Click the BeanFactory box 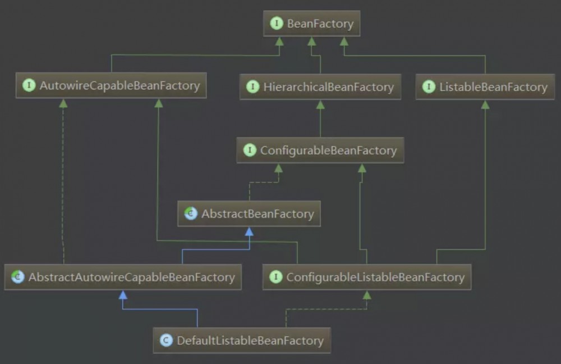pos(311,23)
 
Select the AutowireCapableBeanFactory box pos(111,85)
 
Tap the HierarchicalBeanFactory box pos(320,87)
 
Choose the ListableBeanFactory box pos(485,87)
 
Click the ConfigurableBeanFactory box pos(320,150)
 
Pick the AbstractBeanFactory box pos(249,213)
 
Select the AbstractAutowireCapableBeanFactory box pos(123,277)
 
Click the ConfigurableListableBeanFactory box pos(367,277)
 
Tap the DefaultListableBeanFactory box pos(242,340)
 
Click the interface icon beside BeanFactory pos(277,23)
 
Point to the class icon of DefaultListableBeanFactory pos(167,340)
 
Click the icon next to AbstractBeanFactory pos(191,213)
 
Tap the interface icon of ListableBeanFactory pos(429,87)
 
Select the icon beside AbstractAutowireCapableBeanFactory pos(17,277)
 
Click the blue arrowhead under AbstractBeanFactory pos(249,231)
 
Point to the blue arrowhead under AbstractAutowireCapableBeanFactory pos(123,295)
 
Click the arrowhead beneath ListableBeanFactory pos(485,104)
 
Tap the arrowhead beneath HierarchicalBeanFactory pos(320,104)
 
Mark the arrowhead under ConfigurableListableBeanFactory pos(367,295)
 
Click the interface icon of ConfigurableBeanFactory pos(250,150)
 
